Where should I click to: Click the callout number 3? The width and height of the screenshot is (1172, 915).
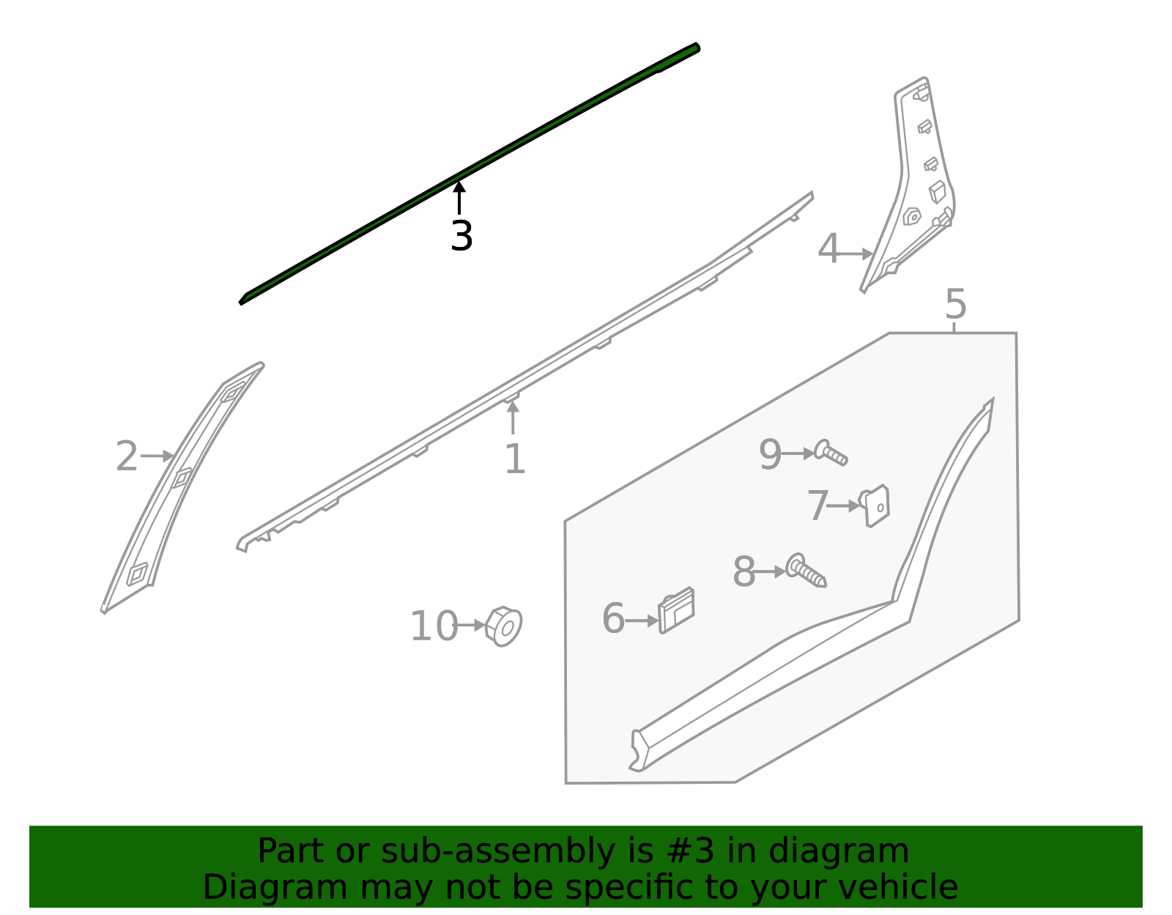[x=461, y=236]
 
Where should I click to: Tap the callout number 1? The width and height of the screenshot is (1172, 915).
[x=515, y=459]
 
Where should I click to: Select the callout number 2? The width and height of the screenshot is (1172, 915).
[x=127, y=456]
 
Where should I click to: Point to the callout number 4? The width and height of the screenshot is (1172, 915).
[x=828, y=249]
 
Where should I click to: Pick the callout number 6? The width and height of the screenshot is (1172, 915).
[x=613, y=619]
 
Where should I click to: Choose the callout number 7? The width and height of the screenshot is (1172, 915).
[x=817, y=505]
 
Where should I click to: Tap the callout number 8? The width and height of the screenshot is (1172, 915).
[x=743, y=572]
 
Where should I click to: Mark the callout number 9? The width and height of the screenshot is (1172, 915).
[x=770, y=454]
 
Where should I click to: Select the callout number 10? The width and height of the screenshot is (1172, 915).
[x=434, y=626]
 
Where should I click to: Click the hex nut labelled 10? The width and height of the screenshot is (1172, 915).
[x=504, y=626]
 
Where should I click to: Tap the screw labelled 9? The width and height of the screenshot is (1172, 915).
[x=831, y=453]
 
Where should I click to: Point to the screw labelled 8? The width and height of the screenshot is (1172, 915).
[x=806, y=571]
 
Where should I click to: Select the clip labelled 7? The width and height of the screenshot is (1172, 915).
[x=876, y=505]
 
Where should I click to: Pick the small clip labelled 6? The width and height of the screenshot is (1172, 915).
[x=676, y=610]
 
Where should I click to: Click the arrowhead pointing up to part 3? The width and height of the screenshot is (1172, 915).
[x=459, y=188]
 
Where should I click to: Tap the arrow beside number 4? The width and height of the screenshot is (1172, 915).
[x=867, y=254]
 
